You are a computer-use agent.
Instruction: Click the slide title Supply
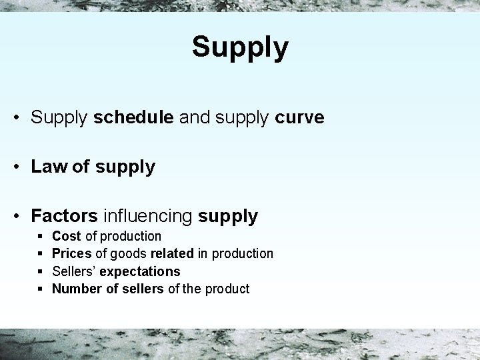(240, 47)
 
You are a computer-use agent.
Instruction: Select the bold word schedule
(133, 118)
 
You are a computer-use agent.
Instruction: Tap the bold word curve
(299, 118)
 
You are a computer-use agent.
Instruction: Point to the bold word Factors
(65, 216)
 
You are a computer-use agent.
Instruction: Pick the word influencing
(147, 216)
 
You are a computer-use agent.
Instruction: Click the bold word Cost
(67, 236)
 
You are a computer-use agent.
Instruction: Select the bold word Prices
(71, 253)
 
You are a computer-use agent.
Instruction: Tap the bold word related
(171, 253)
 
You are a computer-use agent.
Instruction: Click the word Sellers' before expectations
(74, 271)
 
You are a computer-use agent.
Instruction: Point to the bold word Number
(75, 289)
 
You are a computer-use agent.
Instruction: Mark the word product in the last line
(229, 289)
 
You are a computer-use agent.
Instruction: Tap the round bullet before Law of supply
(17, 167)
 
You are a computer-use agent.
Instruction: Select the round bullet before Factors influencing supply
(17, 217)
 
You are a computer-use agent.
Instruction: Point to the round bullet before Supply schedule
(17, 119)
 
